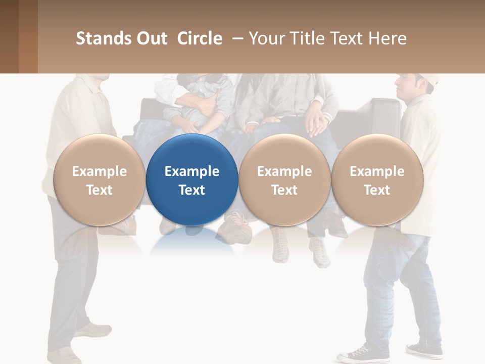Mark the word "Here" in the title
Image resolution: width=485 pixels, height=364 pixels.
tap(389, 38)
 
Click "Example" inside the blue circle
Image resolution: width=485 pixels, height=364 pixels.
tap(192, 171)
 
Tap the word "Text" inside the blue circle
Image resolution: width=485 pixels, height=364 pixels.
tap(192, 190)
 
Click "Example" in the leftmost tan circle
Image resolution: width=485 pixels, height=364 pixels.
tap(99, 171)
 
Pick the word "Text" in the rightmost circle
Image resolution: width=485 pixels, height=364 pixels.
tap(377, 190)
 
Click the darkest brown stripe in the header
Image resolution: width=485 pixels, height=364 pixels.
tap(9, 36)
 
